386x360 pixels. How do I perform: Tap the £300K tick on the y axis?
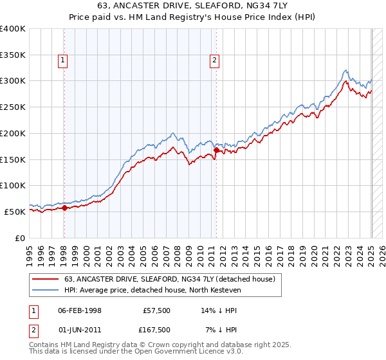[x=13, y=81]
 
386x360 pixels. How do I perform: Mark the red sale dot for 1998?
[x=65, y=208]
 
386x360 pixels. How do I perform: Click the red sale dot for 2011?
[x=216, y=150]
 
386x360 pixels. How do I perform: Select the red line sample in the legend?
[x=46, y=279]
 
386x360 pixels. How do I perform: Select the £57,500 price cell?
[x=155, y=310]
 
